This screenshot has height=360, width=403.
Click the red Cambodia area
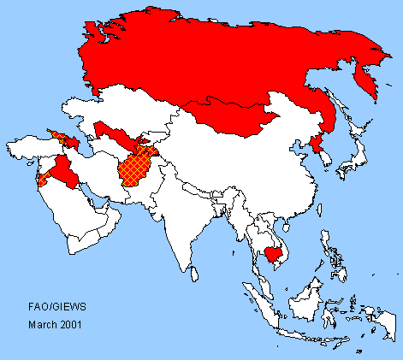[275, 253]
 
